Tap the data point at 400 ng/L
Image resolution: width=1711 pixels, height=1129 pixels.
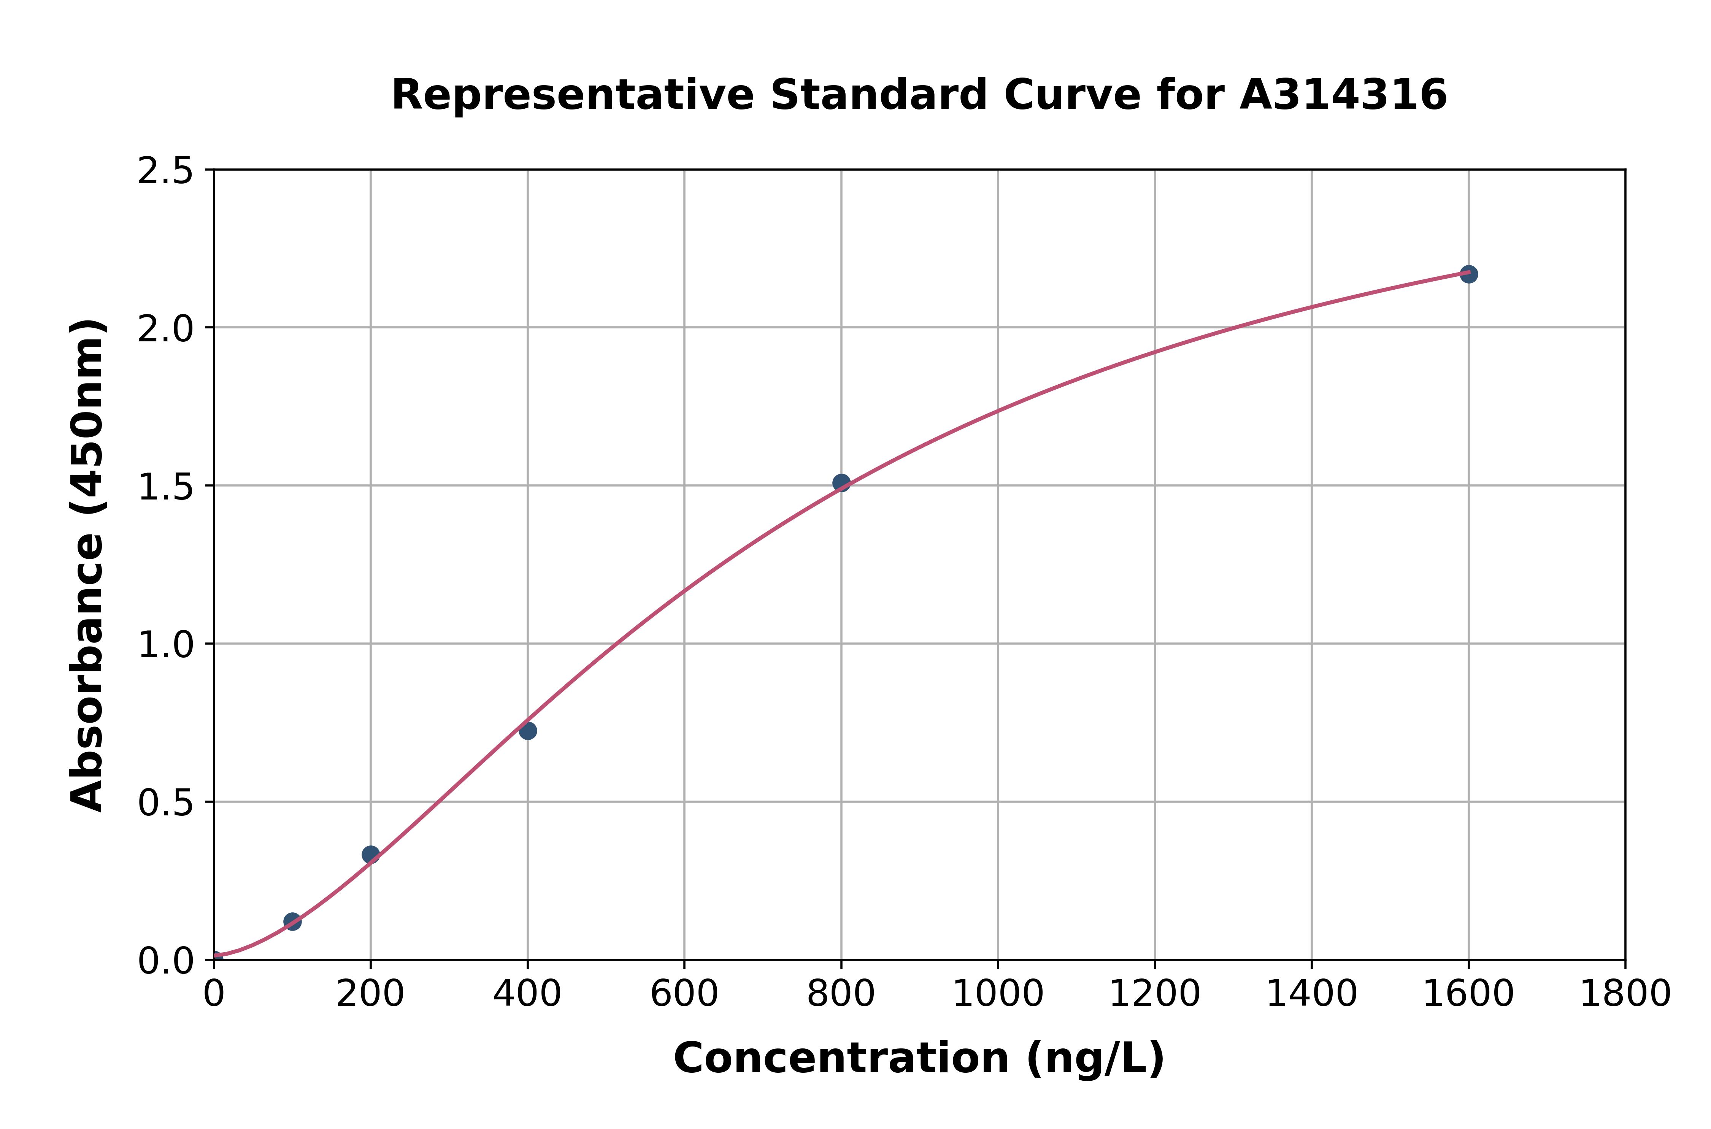528,731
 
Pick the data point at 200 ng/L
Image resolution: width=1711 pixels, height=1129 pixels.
371,855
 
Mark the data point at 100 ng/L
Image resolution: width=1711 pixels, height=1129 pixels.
292,921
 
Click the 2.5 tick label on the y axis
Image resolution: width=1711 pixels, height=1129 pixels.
166,171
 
